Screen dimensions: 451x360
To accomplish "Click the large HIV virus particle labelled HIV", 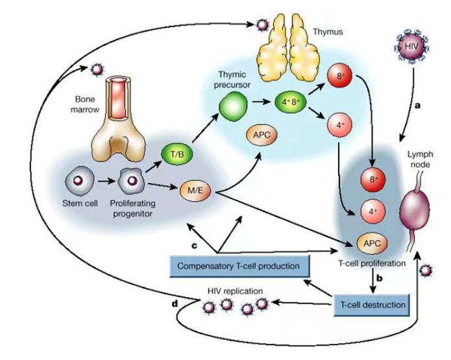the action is click(x=411, y=46).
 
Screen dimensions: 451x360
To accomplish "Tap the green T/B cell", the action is click(x=177, y=154).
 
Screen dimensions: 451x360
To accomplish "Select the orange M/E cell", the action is click(x=195, y=190).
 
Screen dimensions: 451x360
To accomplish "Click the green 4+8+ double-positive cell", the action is click(x=291, y=102).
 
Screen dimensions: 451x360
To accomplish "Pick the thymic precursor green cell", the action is click(x=233, y=106).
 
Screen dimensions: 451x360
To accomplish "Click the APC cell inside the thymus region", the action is click(x=262, y=134).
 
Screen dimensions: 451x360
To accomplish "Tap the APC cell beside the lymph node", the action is click(x=372, y=243).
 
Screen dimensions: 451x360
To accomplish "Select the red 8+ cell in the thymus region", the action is click(x=339, y=76).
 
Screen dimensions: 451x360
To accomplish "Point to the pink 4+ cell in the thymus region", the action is click(x=339, y=125).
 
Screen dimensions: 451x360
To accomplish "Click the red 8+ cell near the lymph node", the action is click(x=372, y=180).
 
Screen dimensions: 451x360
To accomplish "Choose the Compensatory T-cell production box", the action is click(x=239, y=266).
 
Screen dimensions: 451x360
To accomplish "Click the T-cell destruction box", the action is click(x=372, y=305).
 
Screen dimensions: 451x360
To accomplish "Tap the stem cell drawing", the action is click(x=79, y=181).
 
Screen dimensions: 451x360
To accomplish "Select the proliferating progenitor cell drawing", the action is click(x=131, y=181).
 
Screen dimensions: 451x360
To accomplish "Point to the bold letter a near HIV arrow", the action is click(x=417, y=106).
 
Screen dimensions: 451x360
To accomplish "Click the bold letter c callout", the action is click(x=195, y=246).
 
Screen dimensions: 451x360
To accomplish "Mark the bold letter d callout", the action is click(x=175, y=304).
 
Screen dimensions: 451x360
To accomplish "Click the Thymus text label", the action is click(x=328, y=32).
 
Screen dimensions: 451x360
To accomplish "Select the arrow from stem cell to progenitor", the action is click(x=106, y=182).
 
